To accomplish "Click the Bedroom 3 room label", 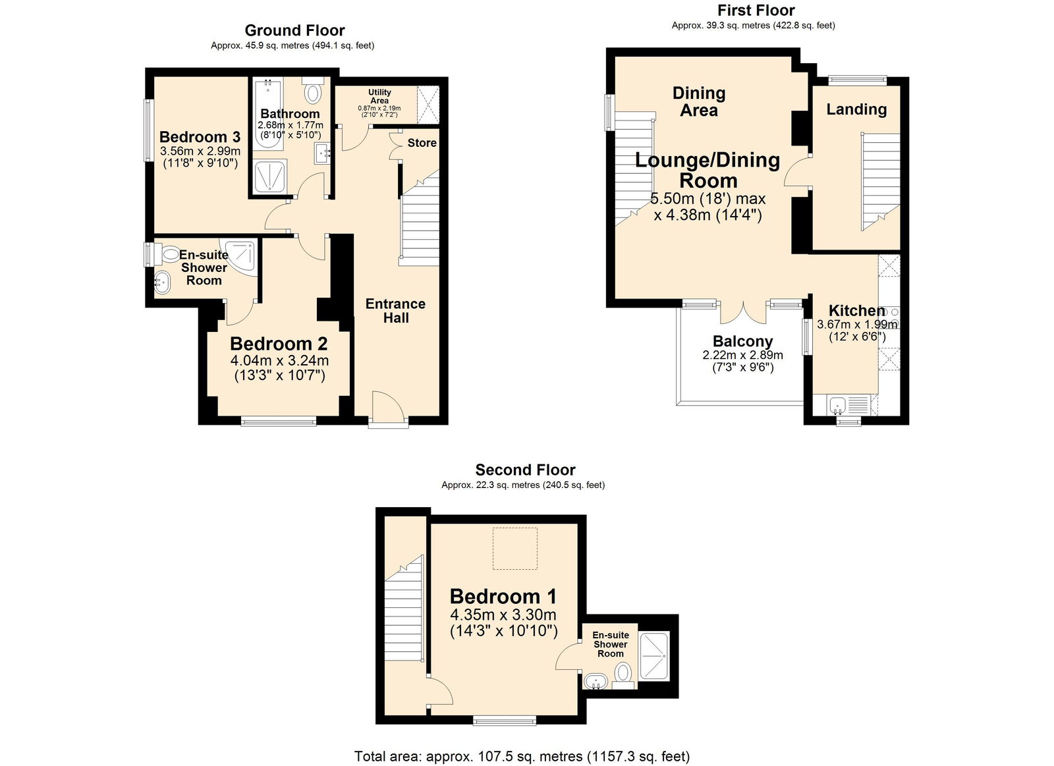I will tap(200, 137).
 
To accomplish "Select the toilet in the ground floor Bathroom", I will tap(313, 92).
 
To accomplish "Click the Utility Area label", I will tap(379, 96).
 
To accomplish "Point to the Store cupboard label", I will tap(422, 143).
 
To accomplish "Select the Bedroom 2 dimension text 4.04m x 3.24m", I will tap(279, 361).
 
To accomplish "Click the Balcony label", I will tap(742, 341).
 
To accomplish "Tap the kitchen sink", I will tap(839, 404).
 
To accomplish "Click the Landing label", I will tap(856, 109).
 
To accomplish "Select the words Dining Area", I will tap(698, 102).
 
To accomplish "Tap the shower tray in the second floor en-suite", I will tap(653, 656).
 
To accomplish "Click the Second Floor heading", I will tap(525, 470).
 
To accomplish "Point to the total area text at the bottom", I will tap(522, 756).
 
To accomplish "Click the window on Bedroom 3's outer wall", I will tap(149, 129).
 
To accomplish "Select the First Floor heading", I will tap(756, 11).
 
